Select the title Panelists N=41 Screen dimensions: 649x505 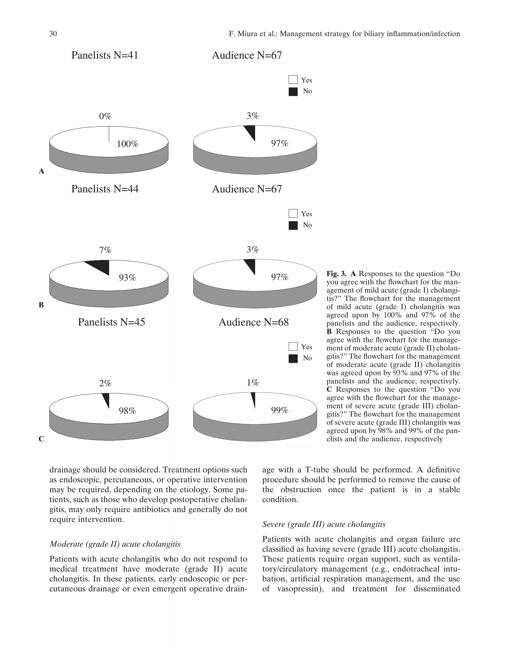click(x=105, y=55)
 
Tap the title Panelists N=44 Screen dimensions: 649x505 click(x=105, y=189)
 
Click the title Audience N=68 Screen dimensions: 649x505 click(x=253, y=322)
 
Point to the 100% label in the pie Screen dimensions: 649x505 click(x=127, y=144)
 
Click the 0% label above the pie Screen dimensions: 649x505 click(x=105, y=117)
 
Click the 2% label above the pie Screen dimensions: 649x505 click(x=105, y=383)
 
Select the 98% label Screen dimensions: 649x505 click(x=127, y=411)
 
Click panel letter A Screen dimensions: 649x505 click(x=42, y=171)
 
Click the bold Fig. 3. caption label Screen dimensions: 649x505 click(x=336, y=274)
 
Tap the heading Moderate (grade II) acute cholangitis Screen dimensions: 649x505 click(x=115, y=544)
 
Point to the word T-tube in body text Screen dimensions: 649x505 click(x=314, y=470)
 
